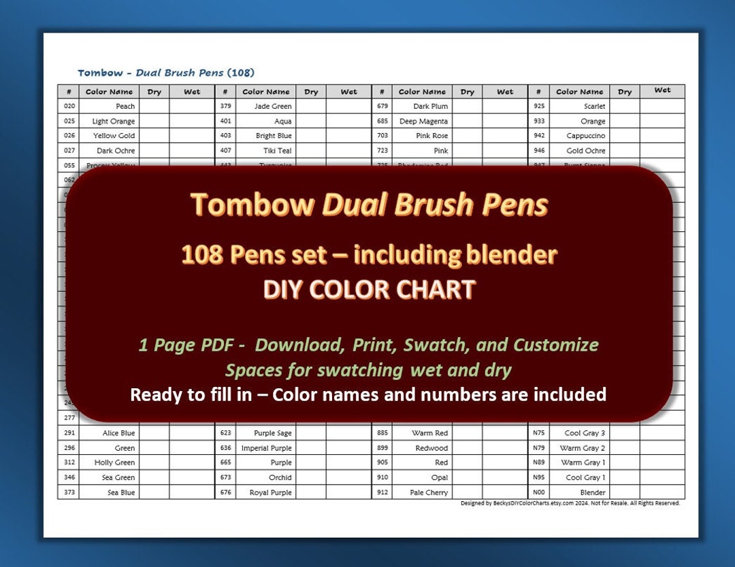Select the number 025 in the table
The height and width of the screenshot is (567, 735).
69,121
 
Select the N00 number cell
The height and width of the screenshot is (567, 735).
538,492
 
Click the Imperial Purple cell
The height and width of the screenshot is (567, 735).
267,448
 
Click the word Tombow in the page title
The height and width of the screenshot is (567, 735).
100,73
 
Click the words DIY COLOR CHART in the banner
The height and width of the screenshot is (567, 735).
369,290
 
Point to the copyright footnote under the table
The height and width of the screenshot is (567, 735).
570,504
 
